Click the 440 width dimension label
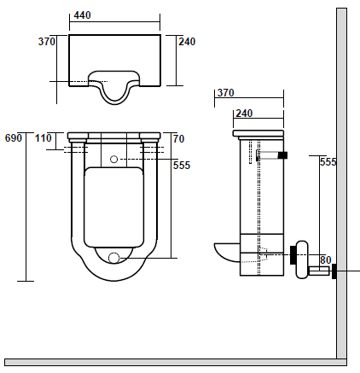coord(82,15)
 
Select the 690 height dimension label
coord(14,138)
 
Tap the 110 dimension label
coord(44,138)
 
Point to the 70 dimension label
coord(179,139)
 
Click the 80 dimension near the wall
coord(326,260)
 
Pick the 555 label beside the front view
coord(182,166)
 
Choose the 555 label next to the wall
coord(328,162)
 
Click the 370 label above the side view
coord(226,93)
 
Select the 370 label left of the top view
coord(47,42)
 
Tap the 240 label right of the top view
coord(187,42)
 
